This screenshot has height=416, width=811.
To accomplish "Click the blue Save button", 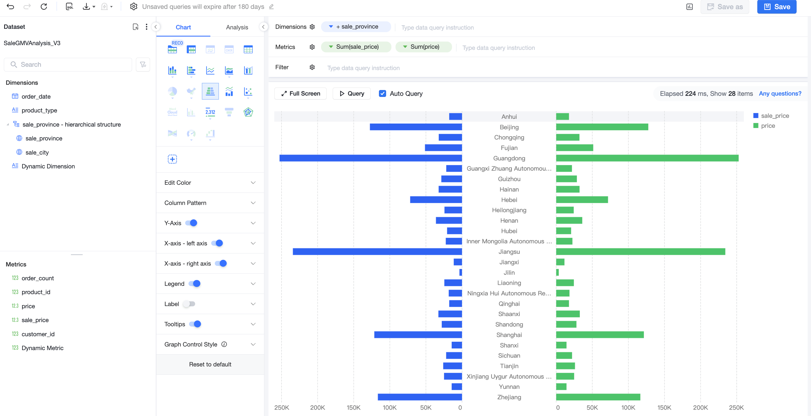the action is click(x=776, y=7).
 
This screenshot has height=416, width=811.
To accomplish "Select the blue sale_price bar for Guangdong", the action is click(x=371, y=158).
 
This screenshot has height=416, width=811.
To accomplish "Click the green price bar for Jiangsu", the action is click(x=640, y=251).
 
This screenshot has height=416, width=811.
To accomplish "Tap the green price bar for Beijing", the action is click(x=602, y=127).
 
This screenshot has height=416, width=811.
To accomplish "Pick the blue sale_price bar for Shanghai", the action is click(x=418, y=335).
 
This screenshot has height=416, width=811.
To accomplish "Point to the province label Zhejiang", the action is click(x=509, y=397).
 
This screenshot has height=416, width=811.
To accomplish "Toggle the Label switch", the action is click(x=190, y=304).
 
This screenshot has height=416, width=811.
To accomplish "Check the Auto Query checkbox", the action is click(x=382, y=94).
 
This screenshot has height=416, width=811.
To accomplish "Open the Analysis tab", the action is click(x=237, y=27).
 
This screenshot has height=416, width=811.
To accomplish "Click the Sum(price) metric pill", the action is click(x=423, y=47).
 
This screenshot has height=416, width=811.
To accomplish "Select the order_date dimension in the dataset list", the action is click(x=36, y=96).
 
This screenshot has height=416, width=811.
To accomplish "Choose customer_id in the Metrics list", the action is click(x=38, y=334).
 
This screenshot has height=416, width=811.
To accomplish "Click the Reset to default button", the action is click(x=210, y=364).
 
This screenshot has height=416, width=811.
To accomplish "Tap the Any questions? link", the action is click(x=780, y=94).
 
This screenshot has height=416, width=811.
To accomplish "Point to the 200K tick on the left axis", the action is click(x=317, y=407).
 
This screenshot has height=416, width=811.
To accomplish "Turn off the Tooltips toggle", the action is click(x=195, y=324).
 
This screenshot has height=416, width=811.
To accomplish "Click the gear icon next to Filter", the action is click(x=312, y=67).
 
